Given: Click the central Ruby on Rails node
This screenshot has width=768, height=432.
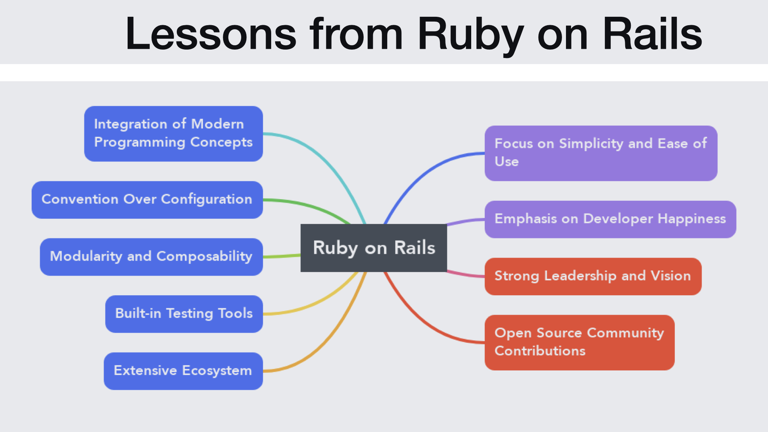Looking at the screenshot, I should click(x=374, y=248).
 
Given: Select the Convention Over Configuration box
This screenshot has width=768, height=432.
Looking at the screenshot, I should click(x=147, y=200).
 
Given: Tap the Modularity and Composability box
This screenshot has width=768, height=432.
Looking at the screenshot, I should click(x=151, y=257).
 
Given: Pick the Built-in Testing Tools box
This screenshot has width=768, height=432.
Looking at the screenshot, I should click(x=184, y=314).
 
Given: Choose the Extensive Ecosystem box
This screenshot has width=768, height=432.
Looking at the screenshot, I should click(x=183, y=371).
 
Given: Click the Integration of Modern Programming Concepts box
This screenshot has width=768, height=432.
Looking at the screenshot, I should click(x=173, y=134).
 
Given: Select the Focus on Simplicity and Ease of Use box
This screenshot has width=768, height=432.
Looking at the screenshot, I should click(x=601, y=153).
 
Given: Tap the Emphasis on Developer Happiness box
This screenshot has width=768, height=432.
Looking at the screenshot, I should click(x=610, y=219).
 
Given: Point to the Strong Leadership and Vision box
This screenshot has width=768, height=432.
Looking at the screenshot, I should click(x=593, y=276).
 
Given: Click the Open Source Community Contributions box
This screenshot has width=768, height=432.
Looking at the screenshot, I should click(x=579, y=342).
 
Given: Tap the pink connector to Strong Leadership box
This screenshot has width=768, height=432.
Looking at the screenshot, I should click(x=466, y=274).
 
